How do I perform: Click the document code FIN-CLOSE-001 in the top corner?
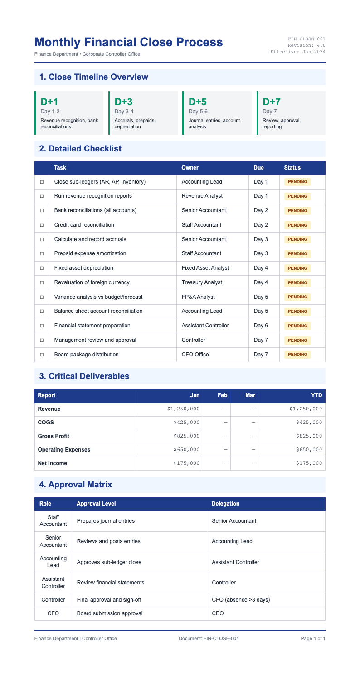[306, 39]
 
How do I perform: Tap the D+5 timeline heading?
[197, 102]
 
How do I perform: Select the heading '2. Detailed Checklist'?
[80, 148]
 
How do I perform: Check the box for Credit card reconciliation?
[42, 225]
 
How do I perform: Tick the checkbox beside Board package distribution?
[42, 355]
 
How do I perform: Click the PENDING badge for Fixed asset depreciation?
[297, 268]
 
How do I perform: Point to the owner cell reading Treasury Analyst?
[202, 282]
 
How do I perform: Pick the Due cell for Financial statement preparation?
[261, 326]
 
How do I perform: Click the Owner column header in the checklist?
[190, 168]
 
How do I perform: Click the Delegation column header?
[226, 504]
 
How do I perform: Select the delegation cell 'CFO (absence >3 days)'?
[241, 600]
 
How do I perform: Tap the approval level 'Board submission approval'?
[110, 613]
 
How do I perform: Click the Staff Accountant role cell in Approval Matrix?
[53, 521]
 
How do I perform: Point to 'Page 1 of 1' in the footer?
[313, 639]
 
